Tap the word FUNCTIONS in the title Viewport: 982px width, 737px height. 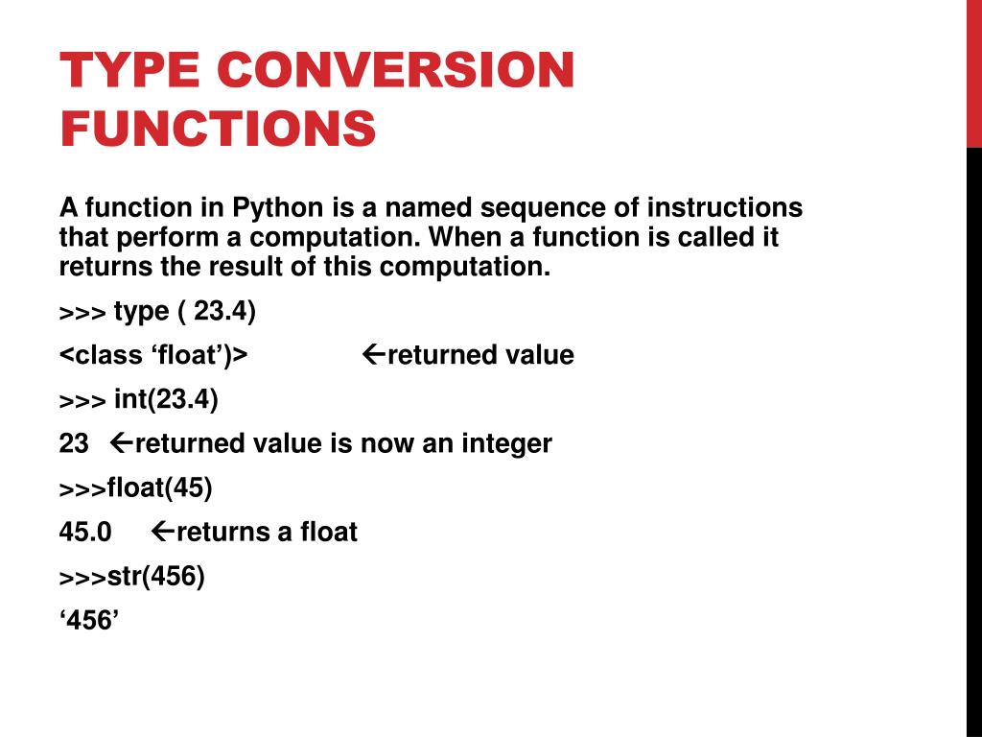tap(218, 130)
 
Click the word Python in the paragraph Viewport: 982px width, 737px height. tap(278, 208)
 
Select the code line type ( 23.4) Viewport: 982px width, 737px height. tap(185, 312)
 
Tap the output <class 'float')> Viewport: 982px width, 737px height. tap(153, 355)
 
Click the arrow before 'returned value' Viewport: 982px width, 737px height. tap(374, 355)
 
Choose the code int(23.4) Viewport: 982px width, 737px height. tap(166, 399)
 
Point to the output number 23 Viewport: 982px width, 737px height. tap(74, 443)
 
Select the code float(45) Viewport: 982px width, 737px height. tap(159, 487)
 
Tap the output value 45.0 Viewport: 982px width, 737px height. tap(85, 532)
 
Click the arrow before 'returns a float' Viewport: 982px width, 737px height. tap(163, 532)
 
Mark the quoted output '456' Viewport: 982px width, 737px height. tap(88, 621)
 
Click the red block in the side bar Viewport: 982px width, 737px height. tap(973, 74)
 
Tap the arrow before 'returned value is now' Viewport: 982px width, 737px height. tap(122, 443)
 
